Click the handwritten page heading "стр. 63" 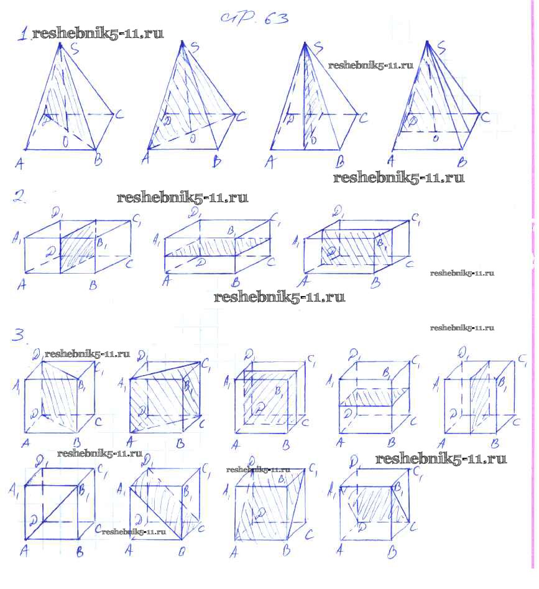pyautogui.click(x=254, y=18)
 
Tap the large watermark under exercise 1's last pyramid pyautogui.click(x=398, y=178)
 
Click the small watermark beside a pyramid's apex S pyautogui.click(x=371, y=65)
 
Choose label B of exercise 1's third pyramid pyautogui.click(x=340, y=163)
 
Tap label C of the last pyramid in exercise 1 pyautogui.click(x=486, y=116)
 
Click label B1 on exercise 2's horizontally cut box pyautogui.click(x=231, y=231)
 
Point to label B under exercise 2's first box pyautogui.click(x=93, y=285)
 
